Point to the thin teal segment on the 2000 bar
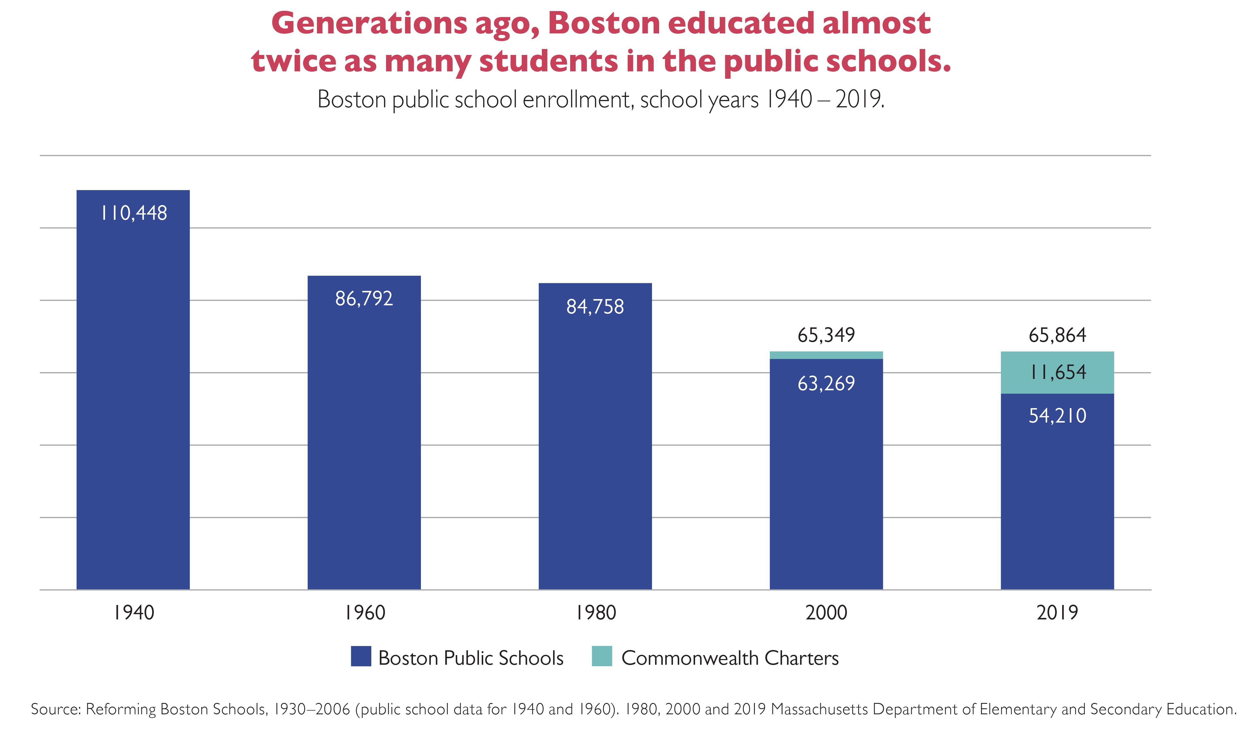[x=826, y=355]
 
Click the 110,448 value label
[x=134, y=213]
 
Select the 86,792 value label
[x=364, y=299]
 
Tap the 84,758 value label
[x=595, y=307]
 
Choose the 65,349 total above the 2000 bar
[x=826, y=335]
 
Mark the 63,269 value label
[x=826, y=383]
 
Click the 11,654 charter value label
[x=1057, y=372]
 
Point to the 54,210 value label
[x=1057, y=416]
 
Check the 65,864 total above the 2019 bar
[x=1057, y=335]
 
